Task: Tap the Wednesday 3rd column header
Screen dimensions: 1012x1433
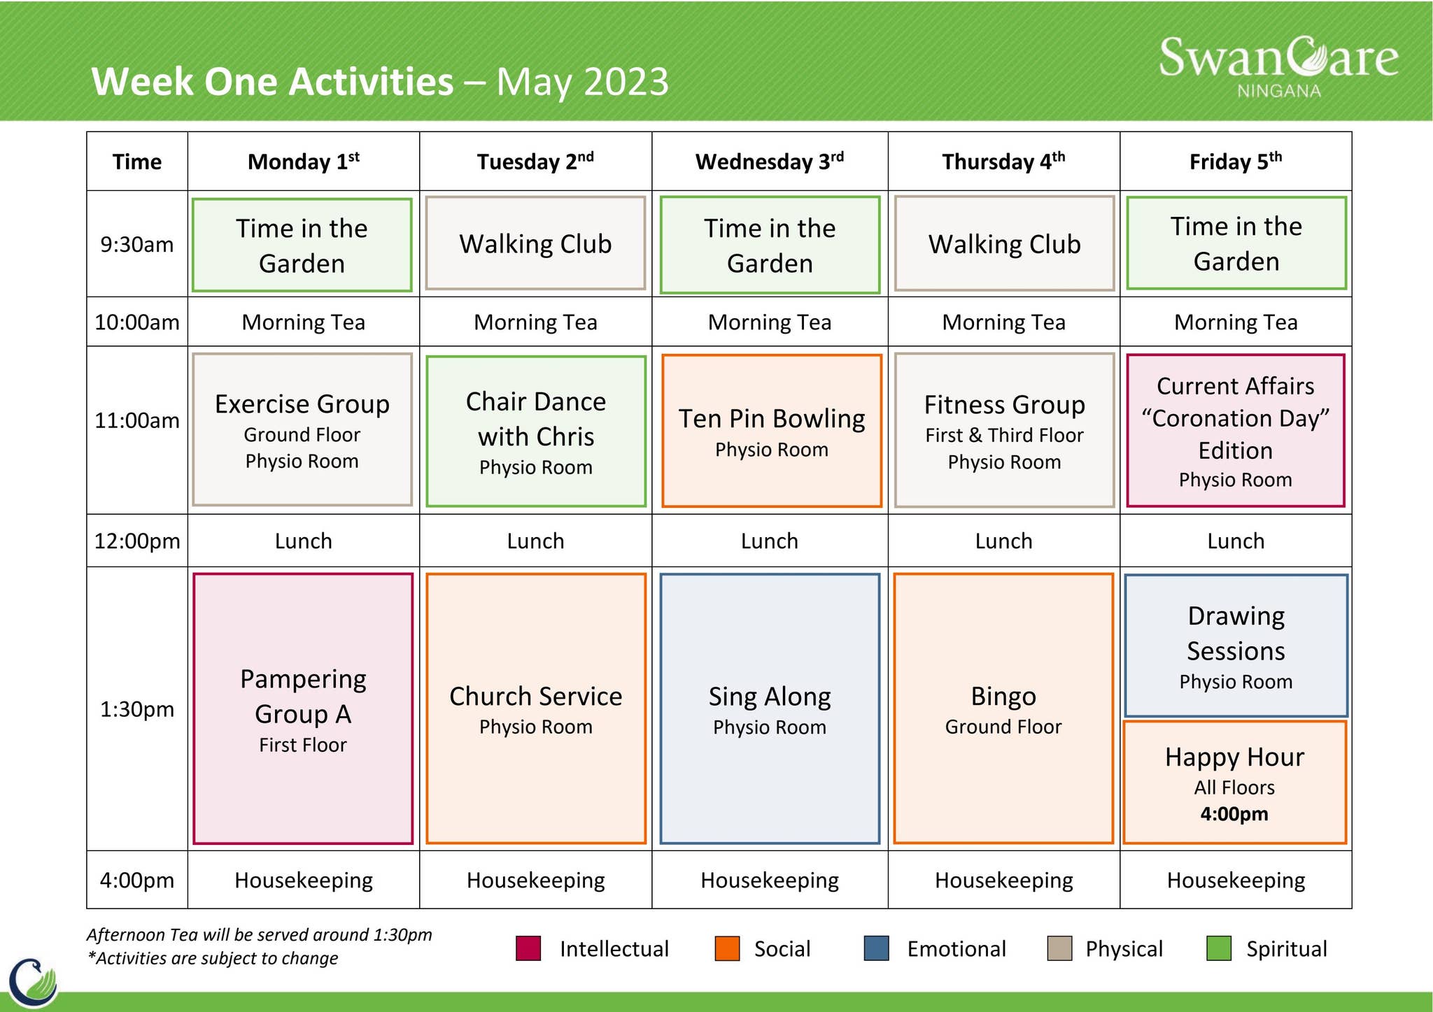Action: pos(770,162)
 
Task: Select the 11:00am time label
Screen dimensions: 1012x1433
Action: pos(137,421)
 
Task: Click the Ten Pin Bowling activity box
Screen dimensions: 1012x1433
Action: pos(771,431)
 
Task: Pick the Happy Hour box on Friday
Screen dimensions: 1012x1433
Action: pos(1235,782)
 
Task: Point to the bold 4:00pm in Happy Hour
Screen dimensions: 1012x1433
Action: pos(1234,814)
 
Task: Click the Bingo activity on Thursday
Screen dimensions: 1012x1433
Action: pos(1003,708)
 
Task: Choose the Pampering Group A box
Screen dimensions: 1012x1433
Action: pos(303,708)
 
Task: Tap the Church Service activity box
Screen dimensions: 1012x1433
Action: pos(536,708)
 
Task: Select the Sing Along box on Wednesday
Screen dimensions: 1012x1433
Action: pos(770,708)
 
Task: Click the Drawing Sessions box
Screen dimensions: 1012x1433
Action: pos(1236,646)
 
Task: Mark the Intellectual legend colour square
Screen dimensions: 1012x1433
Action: pos(528,948)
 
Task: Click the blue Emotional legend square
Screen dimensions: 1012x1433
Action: pos(876,948)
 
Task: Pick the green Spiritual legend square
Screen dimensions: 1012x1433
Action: pos(1219,948)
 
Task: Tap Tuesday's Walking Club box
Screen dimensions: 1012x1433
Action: pos(535,243)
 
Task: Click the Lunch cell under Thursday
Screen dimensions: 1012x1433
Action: pos(1003,541)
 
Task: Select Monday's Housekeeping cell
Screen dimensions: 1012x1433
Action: pos(304,880)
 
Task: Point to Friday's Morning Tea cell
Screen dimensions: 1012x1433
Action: pos(1236,322)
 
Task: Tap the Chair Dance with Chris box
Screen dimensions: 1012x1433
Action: pos(536,431)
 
